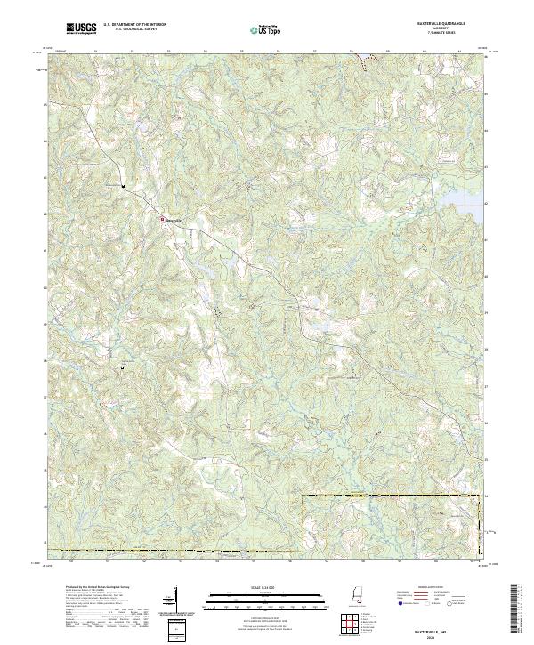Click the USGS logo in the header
[x=81, y=29]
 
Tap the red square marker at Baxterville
[x=161, y=218]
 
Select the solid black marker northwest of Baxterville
[x=125, y=187]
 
